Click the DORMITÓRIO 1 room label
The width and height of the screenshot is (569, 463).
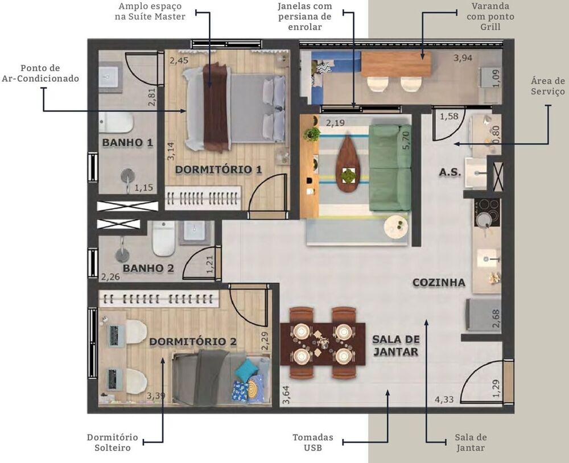tap(218, 170)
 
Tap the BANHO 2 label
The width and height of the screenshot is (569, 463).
tap(148, 268)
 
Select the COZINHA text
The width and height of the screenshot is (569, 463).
tap(439, 283)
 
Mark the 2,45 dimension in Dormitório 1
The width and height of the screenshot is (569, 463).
tap(179, 60)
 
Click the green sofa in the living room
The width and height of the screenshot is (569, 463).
tap(390, 168)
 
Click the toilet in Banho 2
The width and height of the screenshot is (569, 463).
tap(163, 238)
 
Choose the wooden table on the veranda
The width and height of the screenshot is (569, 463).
tap(396, 64)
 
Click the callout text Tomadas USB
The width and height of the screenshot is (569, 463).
tap(312, 443)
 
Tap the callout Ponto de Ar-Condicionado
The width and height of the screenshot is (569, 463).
tap(48, 73)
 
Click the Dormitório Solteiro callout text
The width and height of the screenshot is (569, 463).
tap(112, 443)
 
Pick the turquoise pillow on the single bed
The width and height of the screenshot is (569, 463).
tap(247, 371)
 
